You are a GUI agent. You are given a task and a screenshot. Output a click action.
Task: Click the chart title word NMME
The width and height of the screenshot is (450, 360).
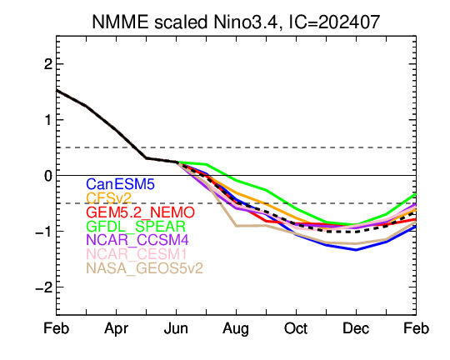tap(121, 22)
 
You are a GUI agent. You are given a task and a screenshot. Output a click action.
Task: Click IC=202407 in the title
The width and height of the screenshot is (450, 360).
tap(334, 22)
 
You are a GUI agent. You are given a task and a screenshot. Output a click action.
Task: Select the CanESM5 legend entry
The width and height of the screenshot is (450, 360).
tap(120, 184)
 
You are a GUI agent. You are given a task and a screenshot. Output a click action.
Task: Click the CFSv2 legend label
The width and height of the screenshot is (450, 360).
tap(109, 198)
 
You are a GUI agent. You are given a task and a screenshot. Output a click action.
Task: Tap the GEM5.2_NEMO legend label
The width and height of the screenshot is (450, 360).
tap(140, 212)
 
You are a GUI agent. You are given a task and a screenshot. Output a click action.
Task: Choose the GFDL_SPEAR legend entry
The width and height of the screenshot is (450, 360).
tap(136, 226)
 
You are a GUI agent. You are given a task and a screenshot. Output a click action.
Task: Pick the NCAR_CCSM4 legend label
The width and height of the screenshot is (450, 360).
tap(137, 240)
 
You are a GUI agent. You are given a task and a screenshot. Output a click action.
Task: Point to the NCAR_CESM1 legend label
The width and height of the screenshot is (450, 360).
tap(137, 254)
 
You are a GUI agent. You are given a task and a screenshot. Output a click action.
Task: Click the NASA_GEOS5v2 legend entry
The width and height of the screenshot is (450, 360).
tap(144, 268)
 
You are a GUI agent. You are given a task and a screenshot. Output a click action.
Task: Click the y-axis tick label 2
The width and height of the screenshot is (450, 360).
tap(48, 64)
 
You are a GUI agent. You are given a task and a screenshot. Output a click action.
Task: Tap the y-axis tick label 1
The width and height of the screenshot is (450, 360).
tap(48, 120)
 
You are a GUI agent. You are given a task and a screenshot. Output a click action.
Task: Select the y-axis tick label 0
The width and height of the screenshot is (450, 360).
tap(48, 176)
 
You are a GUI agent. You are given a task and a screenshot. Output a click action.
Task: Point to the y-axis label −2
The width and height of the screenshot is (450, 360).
tap(44, 287)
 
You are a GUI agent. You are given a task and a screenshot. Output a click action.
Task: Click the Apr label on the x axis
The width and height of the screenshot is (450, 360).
tap(116, 328)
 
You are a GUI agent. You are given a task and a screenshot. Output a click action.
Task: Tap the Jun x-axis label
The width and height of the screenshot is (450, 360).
tap(176, 328)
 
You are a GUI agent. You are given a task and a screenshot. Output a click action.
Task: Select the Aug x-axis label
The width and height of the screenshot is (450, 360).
tap(236, 329)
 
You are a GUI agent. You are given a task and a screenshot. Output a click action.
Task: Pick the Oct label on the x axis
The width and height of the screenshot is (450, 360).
tap(296, 328)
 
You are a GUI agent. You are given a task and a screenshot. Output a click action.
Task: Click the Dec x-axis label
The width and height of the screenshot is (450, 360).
tap(356, 328)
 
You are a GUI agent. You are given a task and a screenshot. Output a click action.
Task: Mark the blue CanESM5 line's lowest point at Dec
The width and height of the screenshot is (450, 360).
tap(356, 250)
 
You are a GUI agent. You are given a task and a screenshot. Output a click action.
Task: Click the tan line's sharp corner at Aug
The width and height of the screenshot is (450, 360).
tap(236, 226)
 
